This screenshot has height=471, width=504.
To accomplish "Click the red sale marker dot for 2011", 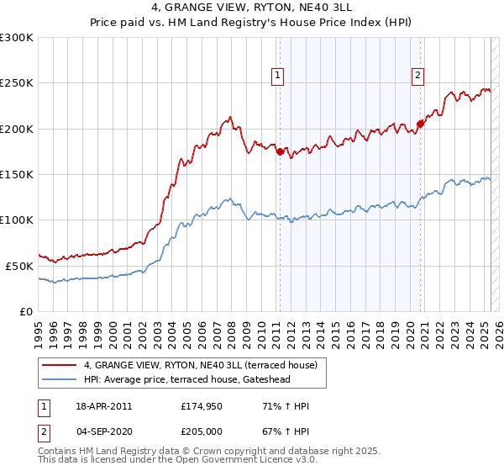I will pos(280,151).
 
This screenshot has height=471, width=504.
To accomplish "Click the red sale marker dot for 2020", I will pos(420,124).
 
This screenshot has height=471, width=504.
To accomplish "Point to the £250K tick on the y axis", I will pos(17,83).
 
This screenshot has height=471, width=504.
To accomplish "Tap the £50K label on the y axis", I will pos(20,266).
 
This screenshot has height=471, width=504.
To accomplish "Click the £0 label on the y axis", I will pos(26,311).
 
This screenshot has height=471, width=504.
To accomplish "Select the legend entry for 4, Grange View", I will pos(200,365).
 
